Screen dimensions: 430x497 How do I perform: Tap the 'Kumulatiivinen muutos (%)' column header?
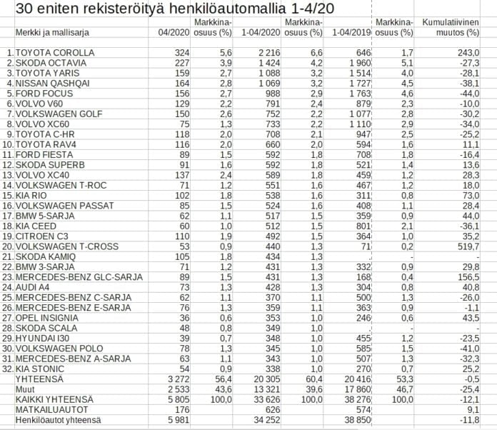coord(451,28)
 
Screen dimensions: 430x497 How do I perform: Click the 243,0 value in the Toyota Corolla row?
coord(467,54)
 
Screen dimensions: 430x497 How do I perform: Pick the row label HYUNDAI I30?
coord(41,338)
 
